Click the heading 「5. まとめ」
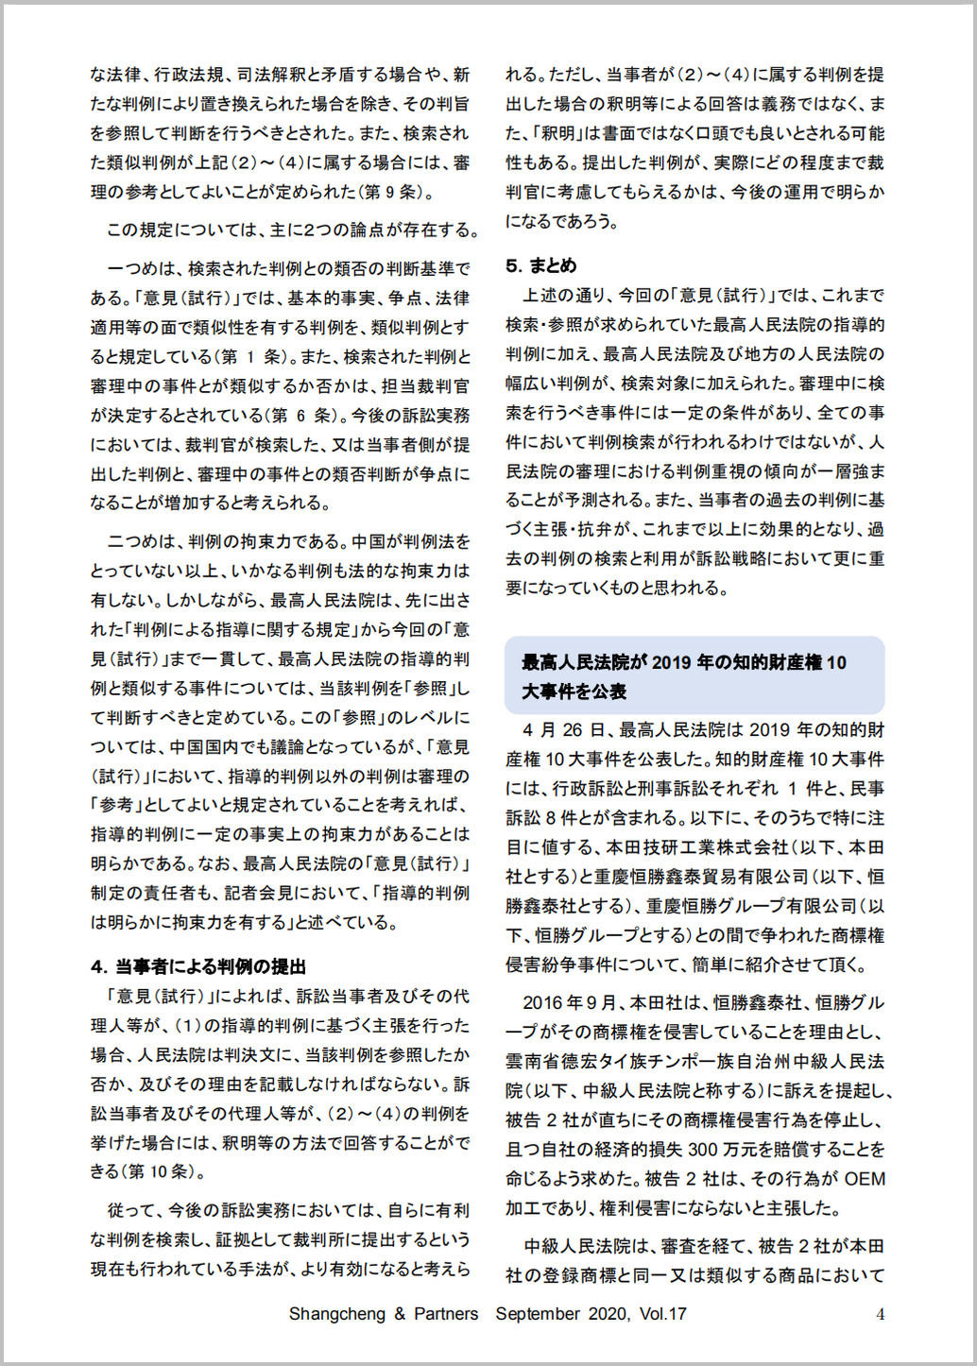[540, 265]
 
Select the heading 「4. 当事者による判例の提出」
[198, 966]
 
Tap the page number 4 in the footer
[880, 1314]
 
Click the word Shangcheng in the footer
[336, 1314]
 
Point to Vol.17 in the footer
[662, 1314]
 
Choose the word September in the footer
[538, 1314]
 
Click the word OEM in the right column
[865, 1179]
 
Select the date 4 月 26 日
[565, 730]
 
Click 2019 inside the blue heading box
[672, 662]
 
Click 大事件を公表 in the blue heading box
[574, 692]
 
